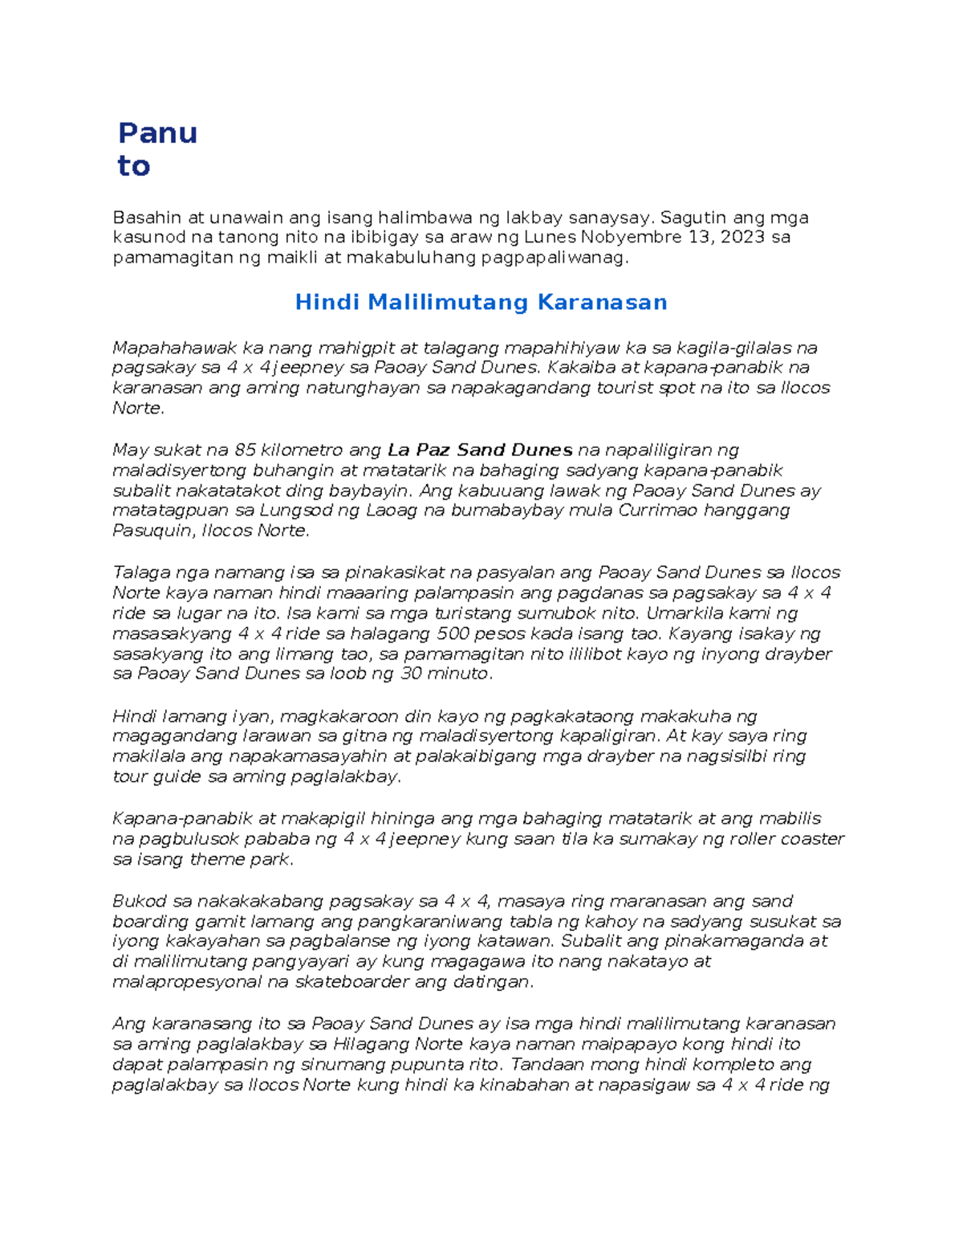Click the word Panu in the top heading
click(x=157, y=132)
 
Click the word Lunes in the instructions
click(x=550, y=237)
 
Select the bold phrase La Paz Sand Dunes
click(x=479, y=450)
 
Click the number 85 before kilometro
click(x=246, y=450)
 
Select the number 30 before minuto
click(x=412, y=674)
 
